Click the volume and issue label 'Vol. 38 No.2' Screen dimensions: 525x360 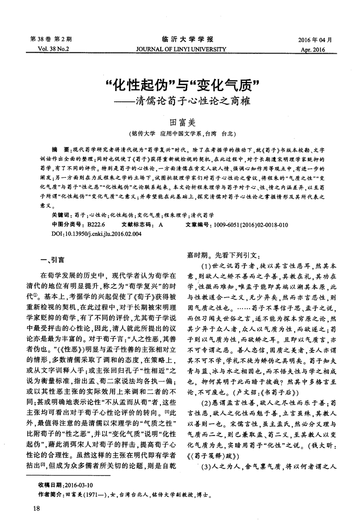coord(54,49)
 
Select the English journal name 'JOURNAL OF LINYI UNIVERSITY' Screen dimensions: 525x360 coord(181,49)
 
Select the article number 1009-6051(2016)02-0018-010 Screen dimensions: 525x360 coord(249,225)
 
